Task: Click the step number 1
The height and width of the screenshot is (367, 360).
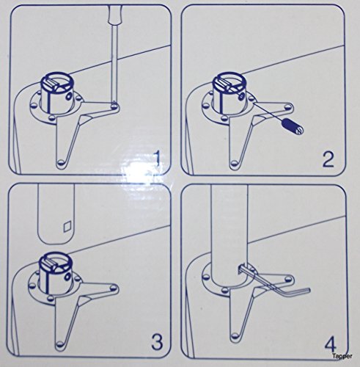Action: pyautogui.click(x=158, y=159)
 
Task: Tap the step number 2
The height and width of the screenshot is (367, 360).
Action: pyautogui.click(x=327, y=159)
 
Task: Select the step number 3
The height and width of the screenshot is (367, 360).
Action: pyautogui.click(x=157, y=342)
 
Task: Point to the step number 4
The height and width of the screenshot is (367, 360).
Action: pyautogui.click(x=330, y=344)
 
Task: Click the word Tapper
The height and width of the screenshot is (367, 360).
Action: pyautogui.click(x=342, y=356)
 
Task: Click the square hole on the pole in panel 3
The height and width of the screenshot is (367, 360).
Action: pyautogui.click(x=67, y=227)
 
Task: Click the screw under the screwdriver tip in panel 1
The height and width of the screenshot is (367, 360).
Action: pyautogui.click(x=114, y=105)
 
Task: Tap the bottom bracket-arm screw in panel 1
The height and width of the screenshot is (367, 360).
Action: pyautogui.click(x=60, y=162)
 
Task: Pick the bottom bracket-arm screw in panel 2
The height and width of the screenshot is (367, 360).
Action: pyautogui.click(x=235, y=163)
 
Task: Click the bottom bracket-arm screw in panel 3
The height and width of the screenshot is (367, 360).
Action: pyautogui.click(x=59, y=344)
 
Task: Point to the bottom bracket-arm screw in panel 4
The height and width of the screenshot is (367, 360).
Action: pyautogui.click(x=235, y=335)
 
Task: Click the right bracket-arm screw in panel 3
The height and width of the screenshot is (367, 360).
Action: pyautogui.click(x=114, y=287)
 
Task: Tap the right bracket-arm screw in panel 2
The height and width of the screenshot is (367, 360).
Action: pyautogui.click(x=288, y=106)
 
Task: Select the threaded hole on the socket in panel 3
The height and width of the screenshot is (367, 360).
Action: pyautogui.click(x=67, y=277)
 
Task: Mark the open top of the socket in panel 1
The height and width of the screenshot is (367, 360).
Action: pyautogui.click(x=57, y=82)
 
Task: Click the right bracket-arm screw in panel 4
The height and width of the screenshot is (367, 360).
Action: pyautogui.click(x=289, y=278)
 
